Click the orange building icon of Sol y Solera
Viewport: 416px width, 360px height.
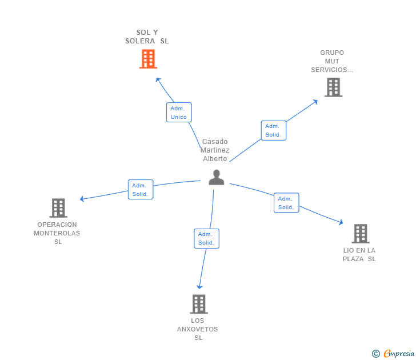point(148,59)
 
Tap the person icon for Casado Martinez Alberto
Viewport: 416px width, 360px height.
point(216,178)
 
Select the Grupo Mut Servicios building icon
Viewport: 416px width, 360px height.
point(333,87)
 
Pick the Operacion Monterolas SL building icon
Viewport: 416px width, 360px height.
point(58,208)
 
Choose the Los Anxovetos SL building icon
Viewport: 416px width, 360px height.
point(198,304)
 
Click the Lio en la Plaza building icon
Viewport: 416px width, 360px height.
point(360,234)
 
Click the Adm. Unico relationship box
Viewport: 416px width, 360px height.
point(179,113)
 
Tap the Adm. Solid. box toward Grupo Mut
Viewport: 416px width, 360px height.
point(273,130)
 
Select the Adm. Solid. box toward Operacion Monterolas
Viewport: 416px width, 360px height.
point(140,190)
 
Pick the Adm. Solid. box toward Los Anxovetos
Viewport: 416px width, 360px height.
point(206,238)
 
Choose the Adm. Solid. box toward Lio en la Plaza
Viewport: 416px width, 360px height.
point(286,203)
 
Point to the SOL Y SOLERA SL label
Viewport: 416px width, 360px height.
point(147,37)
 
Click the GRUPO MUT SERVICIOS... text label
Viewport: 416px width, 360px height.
point(332,61)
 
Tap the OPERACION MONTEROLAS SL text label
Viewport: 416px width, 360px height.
point(57,233)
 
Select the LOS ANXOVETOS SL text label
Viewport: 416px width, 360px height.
point(198,329)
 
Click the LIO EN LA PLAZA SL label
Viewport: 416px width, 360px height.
point(359,255)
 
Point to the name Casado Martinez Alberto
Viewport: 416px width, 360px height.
point(215,150)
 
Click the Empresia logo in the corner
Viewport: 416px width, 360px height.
point(398,354)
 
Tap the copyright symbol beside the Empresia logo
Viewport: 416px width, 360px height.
point(376,354)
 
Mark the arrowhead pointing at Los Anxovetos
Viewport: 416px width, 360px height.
point(199,286)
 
